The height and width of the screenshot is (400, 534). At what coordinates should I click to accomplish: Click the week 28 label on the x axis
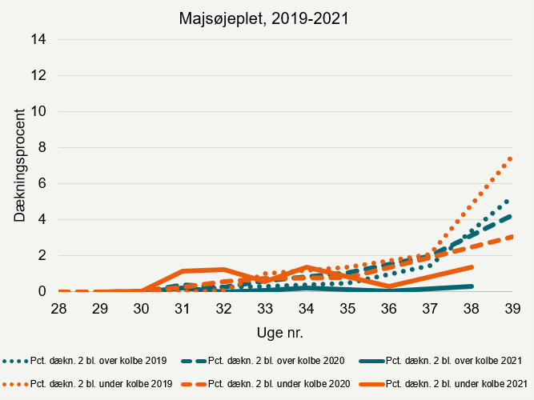59,308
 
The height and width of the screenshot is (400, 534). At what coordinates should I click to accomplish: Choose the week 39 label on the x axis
512,308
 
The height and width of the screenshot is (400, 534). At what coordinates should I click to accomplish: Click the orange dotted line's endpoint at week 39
512,158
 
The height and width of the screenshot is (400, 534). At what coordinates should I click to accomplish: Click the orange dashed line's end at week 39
512,236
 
